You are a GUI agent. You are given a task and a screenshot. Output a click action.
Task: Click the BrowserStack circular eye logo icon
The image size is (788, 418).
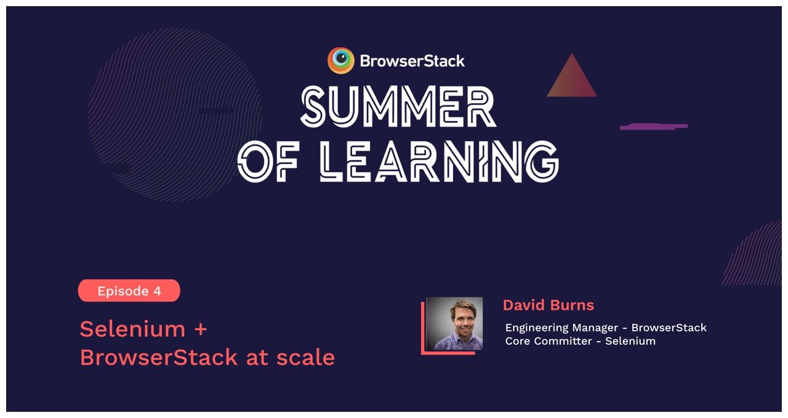(x=340, y=60)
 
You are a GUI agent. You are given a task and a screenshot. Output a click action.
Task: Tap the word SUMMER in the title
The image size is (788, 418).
(x=398, y=107)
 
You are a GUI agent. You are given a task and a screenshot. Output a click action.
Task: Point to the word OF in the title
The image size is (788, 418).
(x=268, y=162)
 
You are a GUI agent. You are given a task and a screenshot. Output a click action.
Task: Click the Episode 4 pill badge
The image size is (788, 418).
(x=129, y=291)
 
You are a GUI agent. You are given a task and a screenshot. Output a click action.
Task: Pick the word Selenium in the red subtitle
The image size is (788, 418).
(x=132, y=329)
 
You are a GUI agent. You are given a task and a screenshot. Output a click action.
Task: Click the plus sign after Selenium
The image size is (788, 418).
(x=201, y=330)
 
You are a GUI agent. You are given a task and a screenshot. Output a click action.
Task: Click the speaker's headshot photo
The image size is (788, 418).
(x=454, y=324)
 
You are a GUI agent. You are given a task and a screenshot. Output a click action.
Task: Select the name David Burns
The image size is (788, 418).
(x=548, y=305)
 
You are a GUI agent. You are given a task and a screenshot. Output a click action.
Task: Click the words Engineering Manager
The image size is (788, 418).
(x=561, y=328)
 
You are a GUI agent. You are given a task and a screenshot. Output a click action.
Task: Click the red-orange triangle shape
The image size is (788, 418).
(x=572, y=79)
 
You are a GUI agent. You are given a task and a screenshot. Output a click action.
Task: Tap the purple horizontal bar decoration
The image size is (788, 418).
(x=653, y=127)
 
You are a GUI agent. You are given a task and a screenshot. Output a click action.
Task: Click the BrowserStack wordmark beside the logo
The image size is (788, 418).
(x=412, y=61)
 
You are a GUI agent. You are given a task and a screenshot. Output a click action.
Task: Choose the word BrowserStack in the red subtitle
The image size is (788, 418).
(x=159, y=357)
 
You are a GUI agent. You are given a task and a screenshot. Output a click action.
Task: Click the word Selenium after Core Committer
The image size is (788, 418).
(x=630, y=341)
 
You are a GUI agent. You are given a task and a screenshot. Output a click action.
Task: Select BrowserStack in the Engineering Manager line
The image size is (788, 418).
(x=669, y=328)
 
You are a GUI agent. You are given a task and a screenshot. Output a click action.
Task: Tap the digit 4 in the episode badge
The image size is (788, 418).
(x=158, y=291)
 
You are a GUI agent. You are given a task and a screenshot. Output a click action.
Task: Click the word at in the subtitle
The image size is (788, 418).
(x=255, y=358)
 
